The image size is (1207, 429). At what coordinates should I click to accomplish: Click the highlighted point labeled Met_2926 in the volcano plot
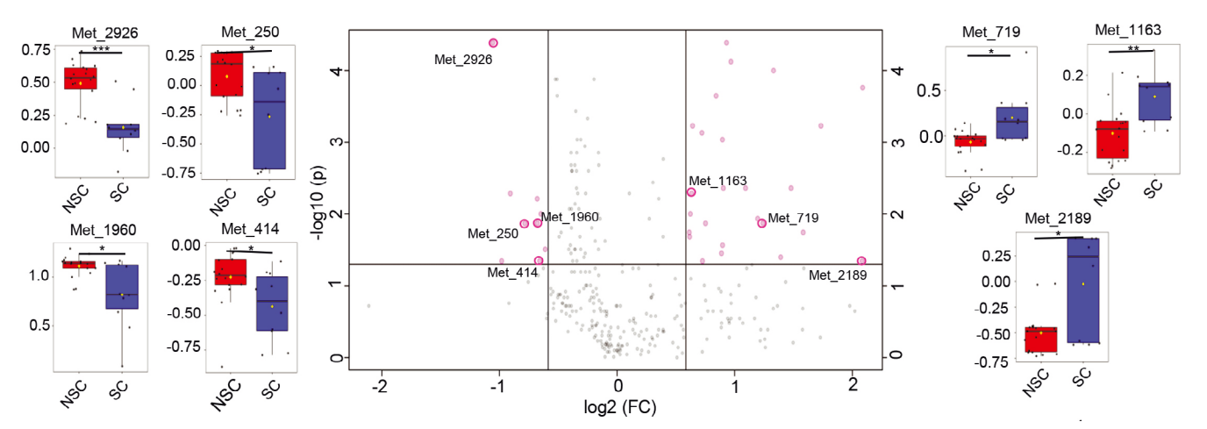(493, 43)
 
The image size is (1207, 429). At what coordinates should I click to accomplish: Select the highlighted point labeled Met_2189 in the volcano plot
(861, 261)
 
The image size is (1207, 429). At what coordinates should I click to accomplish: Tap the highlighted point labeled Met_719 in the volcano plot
(761, 223)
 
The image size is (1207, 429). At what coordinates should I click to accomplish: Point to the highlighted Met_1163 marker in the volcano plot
(691, 192)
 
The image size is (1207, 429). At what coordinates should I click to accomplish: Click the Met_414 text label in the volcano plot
(512, 273)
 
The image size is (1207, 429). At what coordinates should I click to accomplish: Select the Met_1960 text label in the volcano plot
(569, 217)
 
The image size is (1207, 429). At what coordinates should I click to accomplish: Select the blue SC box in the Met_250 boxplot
(268, 120)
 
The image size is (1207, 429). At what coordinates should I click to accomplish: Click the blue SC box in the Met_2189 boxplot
(1082, 290)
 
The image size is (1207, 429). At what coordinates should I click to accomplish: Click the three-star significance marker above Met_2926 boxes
(100, 49)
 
